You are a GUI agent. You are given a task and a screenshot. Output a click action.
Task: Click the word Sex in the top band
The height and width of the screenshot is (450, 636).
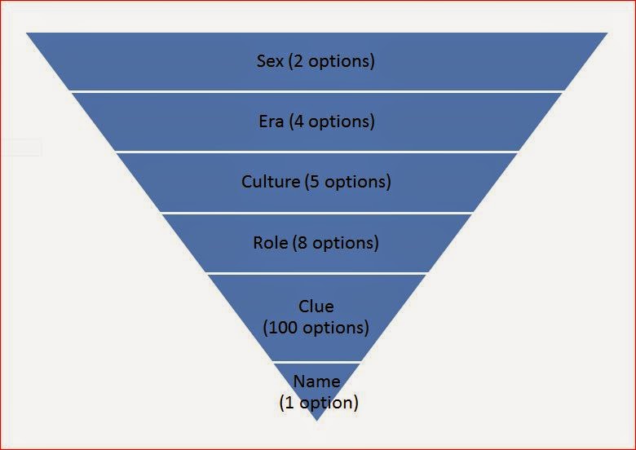pyautogui.click(x=270, y=61)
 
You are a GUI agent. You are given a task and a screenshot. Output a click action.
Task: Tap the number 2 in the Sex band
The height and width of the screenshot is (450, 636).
pyautogui.click(x=298, y=61)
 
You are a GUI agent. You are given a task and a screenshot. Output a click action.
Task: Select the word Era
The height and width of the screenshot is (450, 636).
pyautogui.click(x=271, y=121)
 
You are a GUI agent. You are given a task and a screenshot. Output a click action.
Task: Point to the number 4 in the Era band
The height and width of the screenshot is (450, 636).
pyautogui.click(x=298, y=121)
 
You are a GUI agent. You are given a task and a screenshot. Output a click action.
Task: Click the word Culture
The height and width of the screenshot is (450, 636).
pyautogui.click(x=271, y=181)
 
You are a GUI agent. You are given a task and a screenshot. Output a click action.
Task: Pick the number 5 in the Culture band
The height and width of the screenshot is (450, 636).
pyautogui.click(x=315, y=181)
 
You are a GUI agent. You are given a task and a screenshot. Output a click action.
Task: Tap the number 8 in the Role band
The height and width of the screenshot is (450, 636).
pyautogui.click(x=303, y=242)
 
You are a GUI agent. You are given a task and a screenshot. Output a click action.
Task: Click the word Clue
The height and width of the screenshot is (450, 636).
pyautogui.click(x=316, y=306)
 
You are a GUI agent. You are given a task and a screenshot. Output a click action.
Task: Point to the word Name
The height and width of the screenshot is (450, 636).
pyautogui.click(x=317, y=381)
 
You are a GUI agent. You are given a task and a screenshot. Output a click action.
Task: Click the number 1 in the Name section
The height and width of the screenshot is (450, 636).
pyautogui.click(x=289, y=402)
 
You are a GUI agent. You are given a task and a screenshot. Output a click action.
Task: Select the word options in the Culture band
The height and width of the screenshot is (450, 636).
pyautogui.click(x=356, y=182)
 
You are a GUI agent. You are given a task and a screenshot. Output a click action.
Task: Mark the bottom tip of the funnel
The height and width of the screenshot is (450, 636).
pyautogui.click(x=317, y=421)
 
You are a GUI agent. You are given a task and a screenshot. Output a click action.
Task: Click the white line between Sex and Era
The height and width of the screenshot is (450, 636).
pyautogui.click(x=317, y=92)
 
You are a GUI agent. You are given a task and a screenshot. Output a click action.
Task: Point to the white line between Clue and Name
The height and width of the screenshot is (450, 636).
pyautogui.click(x=317, y=362)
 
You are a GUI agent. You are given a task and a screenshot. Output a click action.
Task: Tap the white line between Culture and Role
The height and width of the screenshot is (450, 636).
pyautogui.click(x=317, y=213)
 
